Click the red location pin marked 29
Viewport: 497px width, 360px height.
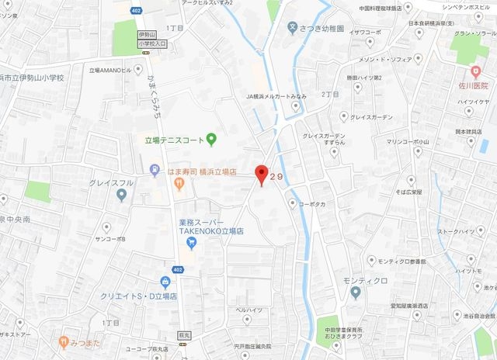[261, 174]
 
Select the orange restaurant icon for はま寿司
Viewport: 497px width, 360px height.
[178, 184]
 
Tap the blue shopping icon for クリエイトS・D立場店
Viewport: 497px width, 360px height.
[165, 282]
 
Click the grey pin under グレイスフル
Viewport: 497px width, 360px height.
[121, 195]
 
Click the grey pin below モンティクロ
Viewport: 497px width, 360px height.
[355, 292]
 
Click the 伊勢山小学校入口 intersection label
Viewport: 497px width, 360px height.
[147, 39]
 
